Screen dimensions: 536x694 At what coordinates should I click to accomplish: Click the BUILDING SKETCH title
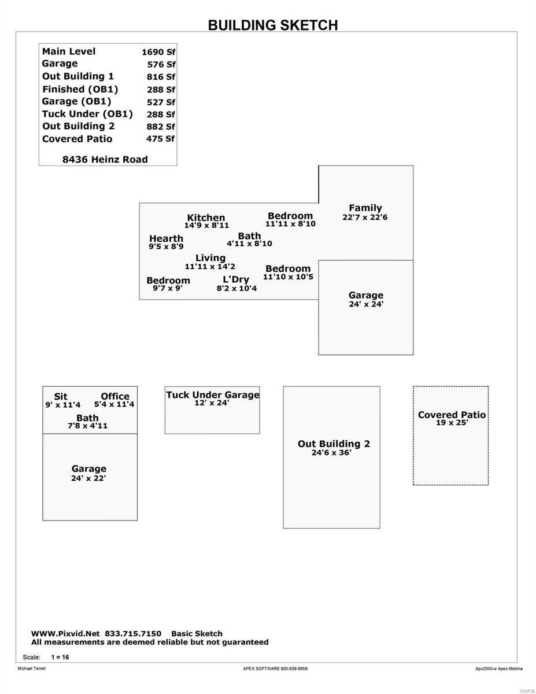(273, 25)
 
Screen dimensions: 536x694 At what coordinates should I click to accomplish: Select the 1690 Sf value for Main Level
(158, 52)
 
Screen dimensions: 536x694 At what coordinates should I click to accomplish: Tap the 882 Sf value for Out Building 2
(161, 127)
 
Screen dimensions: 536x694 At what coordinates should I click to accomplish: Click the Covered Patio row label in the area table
(77, 139)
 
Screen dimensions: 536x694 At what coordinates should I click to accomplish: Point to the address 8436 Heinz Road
(105, 160)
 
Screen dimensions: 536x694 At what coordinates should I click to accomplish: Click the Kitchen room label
(206, 217)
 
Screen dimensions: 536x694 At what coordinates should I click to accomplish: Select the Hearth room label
(166, 238)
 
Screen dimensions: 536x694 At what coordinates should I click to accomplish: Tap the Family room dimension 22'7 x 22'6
(365, 217)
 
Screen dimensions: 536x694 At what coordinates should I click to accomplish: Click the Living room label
(210, 258)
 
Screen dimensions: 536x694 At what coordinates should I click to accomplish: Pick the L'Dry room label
(236, 279)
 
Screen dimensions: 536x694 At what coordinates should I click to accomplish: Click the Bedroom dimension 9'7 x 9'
(168, 288)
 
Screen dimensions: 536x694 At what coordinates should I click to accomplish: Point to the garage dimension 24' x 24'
(366, 304)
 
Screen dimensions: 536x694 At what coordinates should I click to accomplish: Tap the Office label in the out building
(115, 396)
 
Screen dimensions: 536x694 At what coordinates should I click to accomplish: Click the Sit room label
(60, 397)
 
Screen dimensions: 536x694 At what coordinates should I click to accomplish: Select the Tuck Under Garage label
(213, 395)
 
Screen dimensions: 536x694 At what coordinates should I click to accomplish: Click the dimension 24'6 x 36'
(331, 453)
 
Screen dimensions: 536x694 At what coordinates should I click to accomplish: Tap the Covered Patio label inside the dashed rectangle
(452, 415)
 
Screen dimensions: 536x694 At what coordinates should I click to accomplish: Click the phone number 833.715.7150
(133, 634)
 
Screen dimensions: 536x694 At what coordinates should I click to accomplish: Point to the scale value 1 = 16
(60, 657)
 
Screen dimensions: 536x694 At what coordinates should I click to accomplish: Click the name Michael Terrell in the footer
(32, 669)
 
